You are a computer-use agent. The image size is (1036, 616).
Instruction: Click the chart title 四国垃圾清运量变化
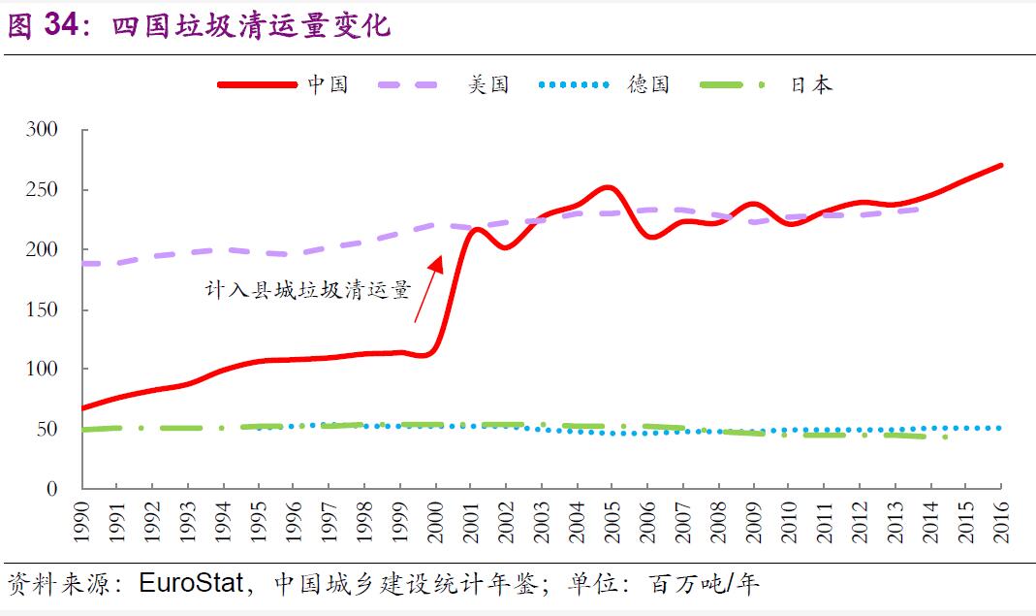252,26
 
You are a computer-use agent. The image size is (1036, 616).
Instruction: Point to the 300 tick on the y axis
44,130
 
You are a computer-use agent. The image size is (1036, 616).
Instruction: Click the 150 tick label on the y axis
44,310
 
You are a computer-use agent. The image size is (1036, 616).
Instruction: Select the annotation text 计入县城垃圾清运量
308,289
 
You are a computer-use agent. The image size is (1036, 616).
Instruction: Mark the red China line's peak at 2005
608,187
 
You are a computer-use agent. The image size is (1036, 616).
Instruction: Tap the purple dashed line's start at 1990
83,263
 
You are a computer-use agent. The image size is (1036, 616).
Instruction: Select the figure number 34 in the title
65,26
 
